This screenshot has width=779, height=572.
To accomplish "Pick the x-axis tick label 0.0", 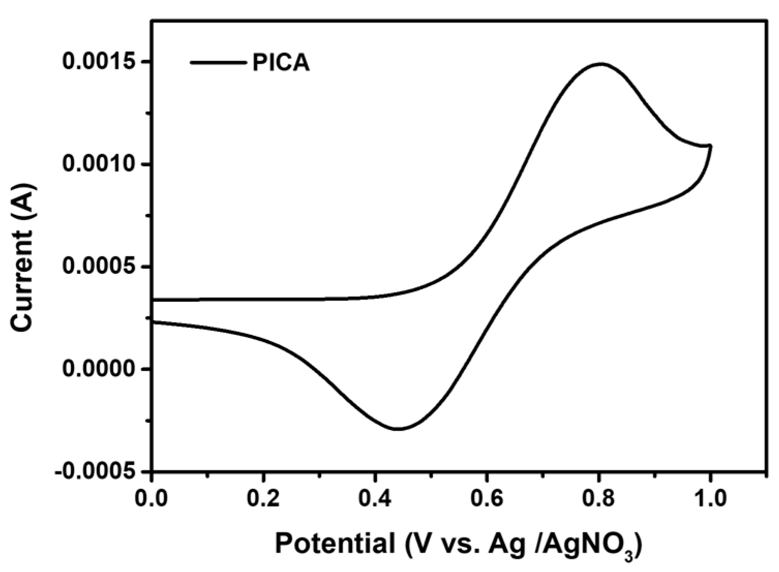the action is click(151, 499).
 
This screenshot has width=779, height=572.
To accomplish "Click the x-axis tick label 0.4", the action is click(375, 499).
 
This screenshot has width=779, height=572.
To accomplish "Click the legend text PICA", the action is click(281, 63).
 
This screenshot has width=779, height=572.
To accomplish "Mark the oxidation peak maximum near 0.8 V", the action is click(600, 64).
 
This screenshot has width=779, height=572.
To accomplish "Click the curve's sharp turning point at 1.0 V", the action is click(711, 146).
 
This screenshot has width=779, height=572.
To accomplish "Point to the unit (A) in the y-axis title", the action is click(24, 195).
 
